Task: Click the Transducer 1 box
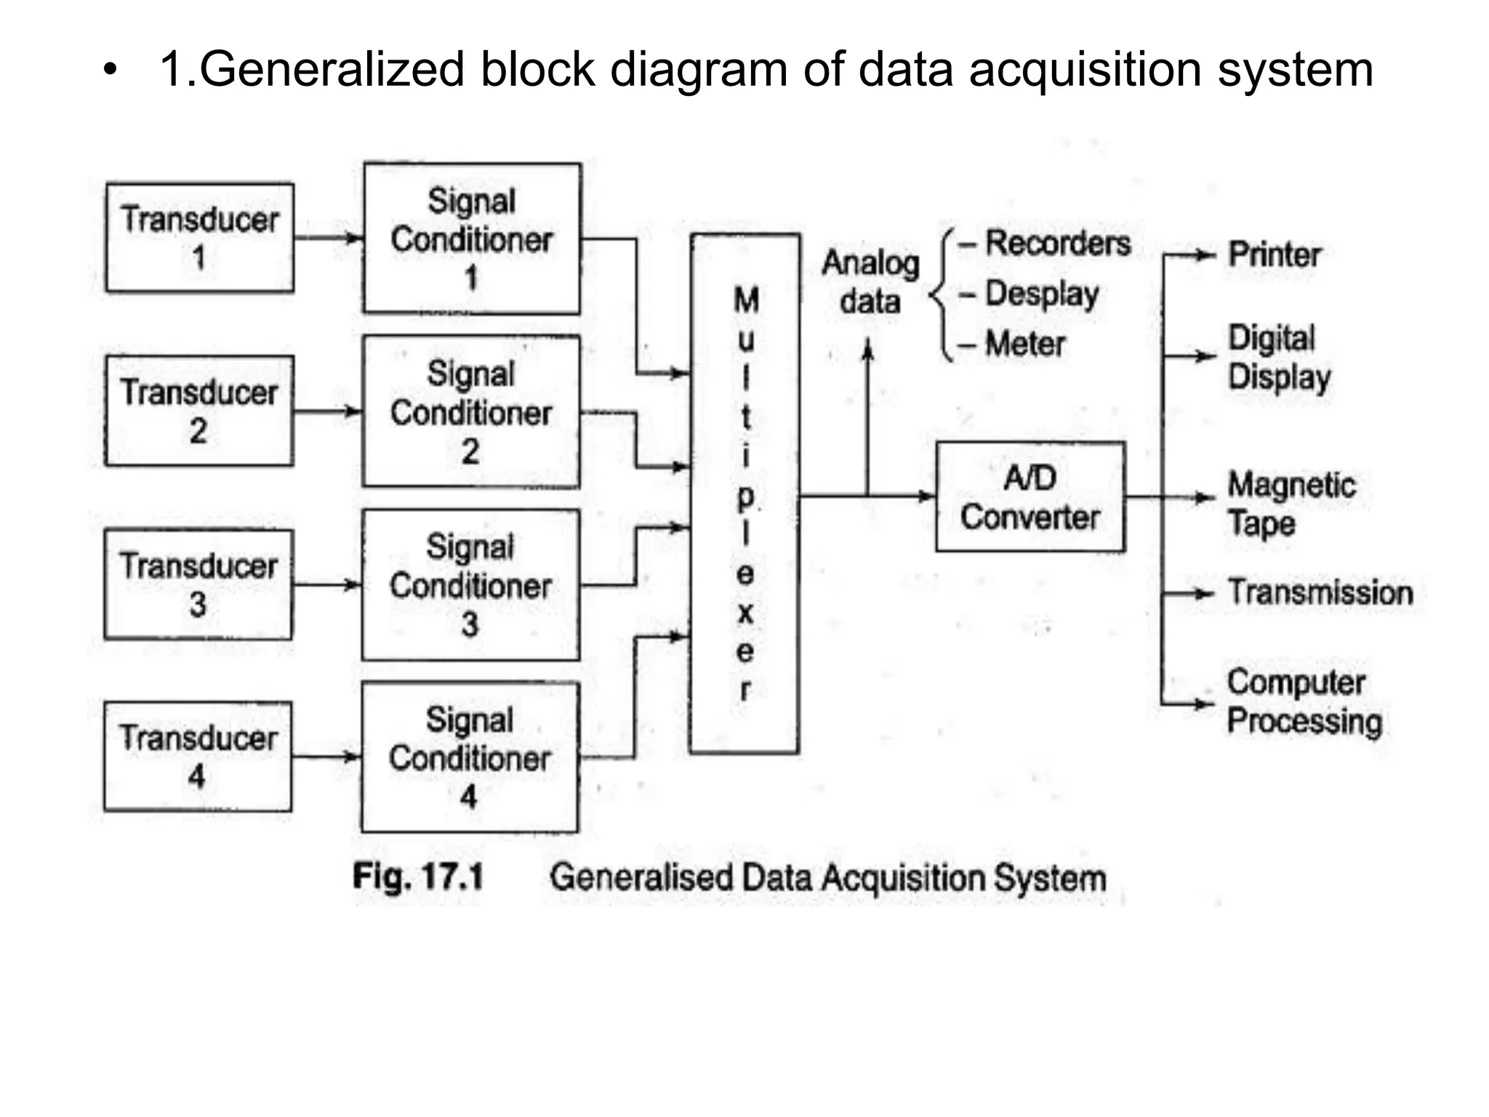200,238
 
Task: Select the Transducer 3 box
198,585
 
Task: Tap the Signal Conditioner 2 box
471,412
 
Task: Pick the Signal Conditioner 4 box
470,757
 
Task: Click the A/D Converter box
1030,497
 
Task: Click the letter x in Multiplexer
745,613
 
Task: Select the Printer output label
1274,255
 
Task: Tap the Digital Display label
1278,358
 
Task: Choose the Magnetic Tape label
1291,504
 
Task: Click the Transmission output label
1320,593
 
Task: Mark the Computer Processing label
1304,702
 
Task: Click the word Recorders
1057,244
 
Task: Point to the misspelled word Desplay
1041,295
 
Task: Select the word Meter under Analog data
1024,344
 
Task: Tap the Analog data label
870,282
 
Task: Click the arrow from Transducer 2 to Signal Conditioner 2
327,412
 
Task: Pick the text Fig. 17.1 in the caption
418,876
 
